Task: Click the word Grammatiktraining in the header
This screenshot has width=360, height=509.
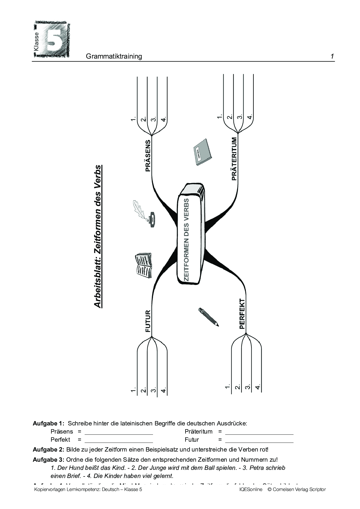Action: pyautogui.click(x=114, y=56)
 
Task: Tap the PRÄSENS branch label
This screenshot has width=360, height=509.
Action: pyautogui.click(x=148, y=156)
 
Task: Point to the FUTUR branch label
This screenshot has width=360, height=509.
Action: pyautogui.click(x=148, y=321)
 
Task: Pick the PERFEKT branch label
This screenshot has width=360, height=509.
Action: pyautogui.click(x=242, y=314)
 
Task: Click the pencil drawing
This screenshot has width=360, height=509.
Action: pyautogui.click(x=208, y=317)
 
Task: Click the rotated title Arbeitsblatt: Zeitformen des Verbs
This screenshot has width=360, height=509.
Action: pyautogui.click(x=98, y=237)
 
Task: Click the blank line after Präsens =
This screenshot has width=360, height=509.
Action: pyautogui.click(x=118, y=434)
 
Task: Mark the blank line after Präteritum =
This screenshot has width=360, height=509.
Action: pyautogui.click(x=259, y=434)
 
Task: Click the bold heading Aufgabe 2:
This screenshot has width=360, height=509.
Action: pyautogui.click(x=48, y=450)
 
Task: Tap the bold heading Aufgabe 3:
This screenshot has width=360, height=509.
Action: pyautogui.click(x=48, y=460)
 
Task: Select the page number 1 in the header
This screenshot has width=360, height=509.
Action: pyautogui.click(x=332, y=56)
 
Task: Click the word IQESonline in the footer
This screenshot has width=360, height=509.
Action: pyautogui.click(x=249, y=490)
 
